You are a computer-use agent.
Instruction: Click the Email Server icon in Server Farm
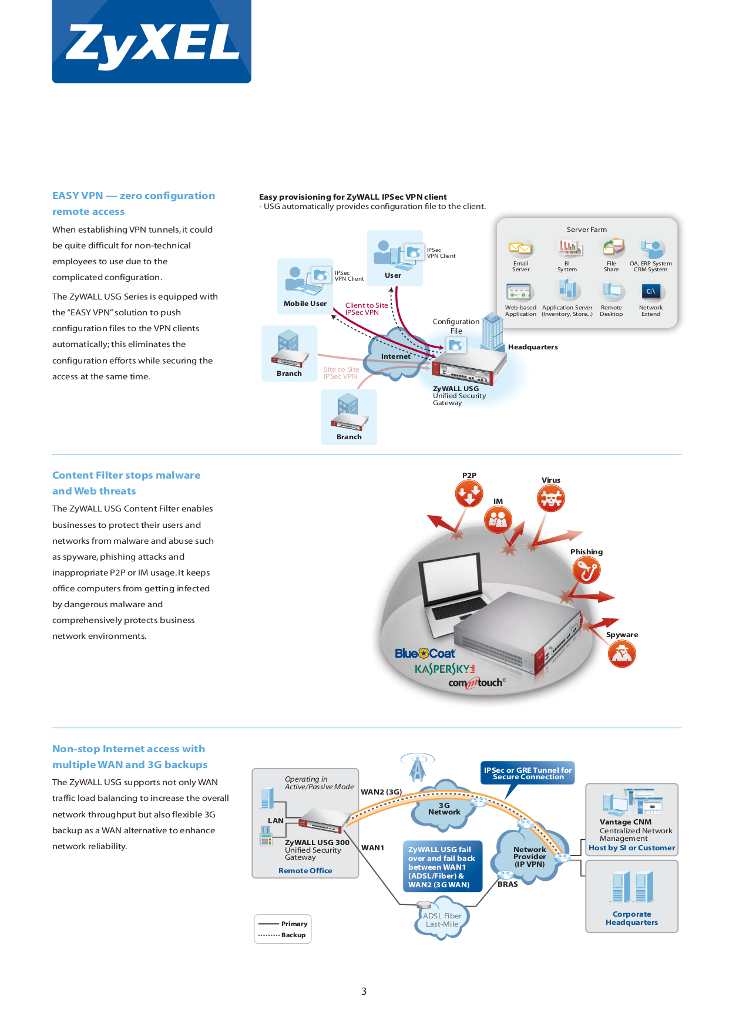(520, 248)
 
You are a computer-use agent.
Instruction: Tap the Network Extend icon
(651, 291)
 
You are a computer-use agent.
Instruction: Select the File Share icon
(613, 247)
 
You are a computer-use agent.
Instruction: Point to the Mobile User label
(305, 304)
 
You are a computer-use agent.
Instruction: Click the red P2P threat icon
(469, 493)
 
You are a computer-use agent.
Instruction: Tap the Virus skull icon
(551, 499)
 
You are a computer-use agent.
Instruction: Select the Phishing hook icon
(586, 570)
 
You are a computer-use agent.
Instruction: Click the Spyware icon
(622, 654)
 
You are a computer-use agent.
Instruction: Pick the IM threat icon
(498, 520)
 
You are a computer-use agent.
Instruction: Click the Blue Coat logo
(425, 654)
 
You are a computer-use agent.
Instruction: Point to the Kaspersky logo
(445, 669)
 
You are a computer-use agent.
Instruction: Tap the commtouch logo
(476, 683)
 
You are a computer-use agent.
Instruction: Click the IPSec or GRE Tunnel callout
(528, 773)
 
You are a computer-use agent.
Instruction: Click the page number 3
(364, 991)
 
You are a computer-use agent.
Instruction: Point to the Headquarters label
(533, 347)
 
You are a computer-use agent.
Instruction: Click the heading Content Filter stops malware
(126, 475)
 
